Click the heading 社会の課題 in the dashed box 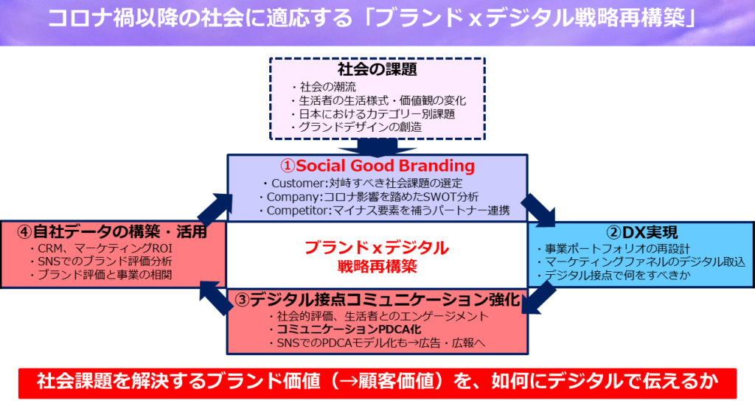coord(377,70)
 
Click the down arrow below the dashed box coord(377,145)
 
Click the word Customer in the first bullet coord(294,183)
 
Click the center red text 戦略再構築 coord(377,267)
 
